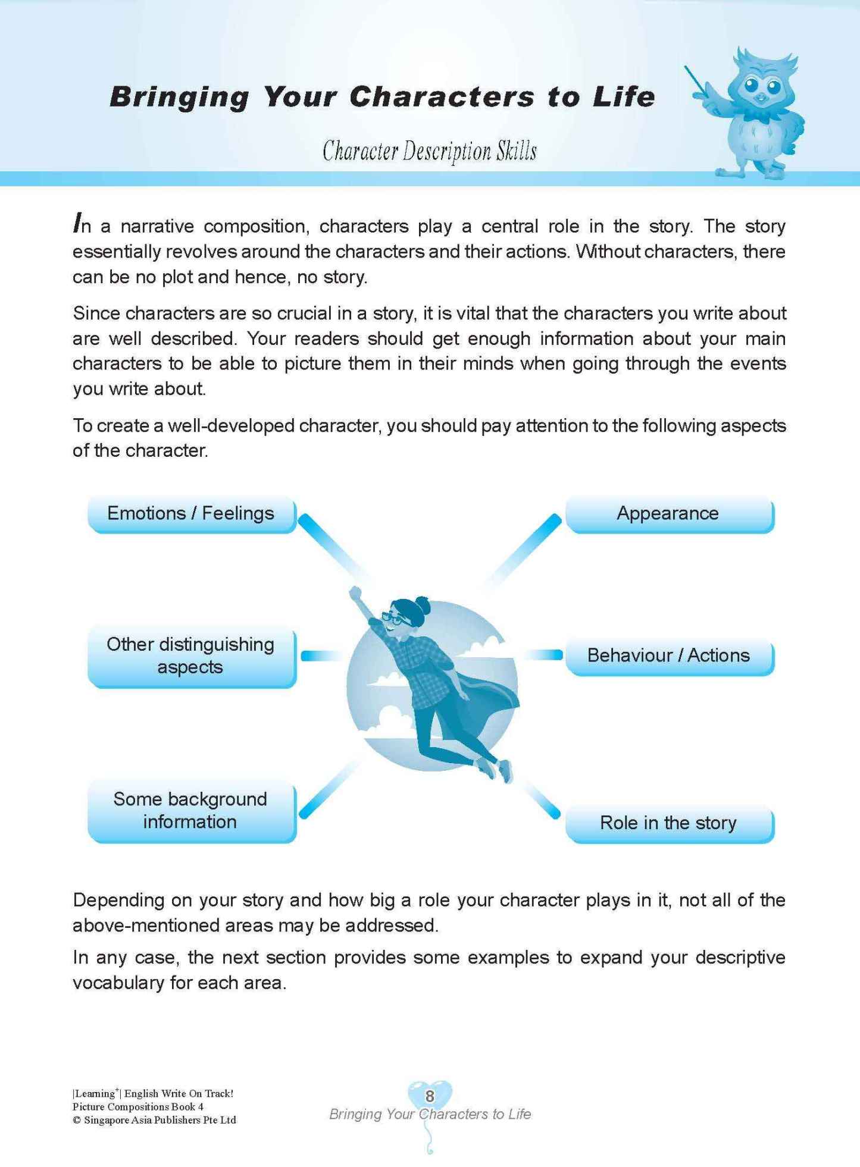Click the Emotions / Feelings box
click(191, 514)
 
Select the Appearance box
click(668, 514)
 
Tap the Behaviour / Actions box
click(668, 656)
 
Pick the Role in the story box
click(668, 823)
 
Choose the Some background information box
click(191, 811)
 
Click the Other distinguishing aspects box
click(191, 656)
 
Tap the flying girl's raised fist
click(355, 593)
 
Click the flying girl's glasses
click(393, 618)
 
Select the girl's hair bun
click(422, 602)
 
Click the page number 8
click(430, 1096)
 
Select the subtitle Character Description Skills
click(430, 151)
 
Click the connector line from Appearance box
click(524, 550)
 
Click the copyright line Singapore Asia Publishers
click(154, 1120)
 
